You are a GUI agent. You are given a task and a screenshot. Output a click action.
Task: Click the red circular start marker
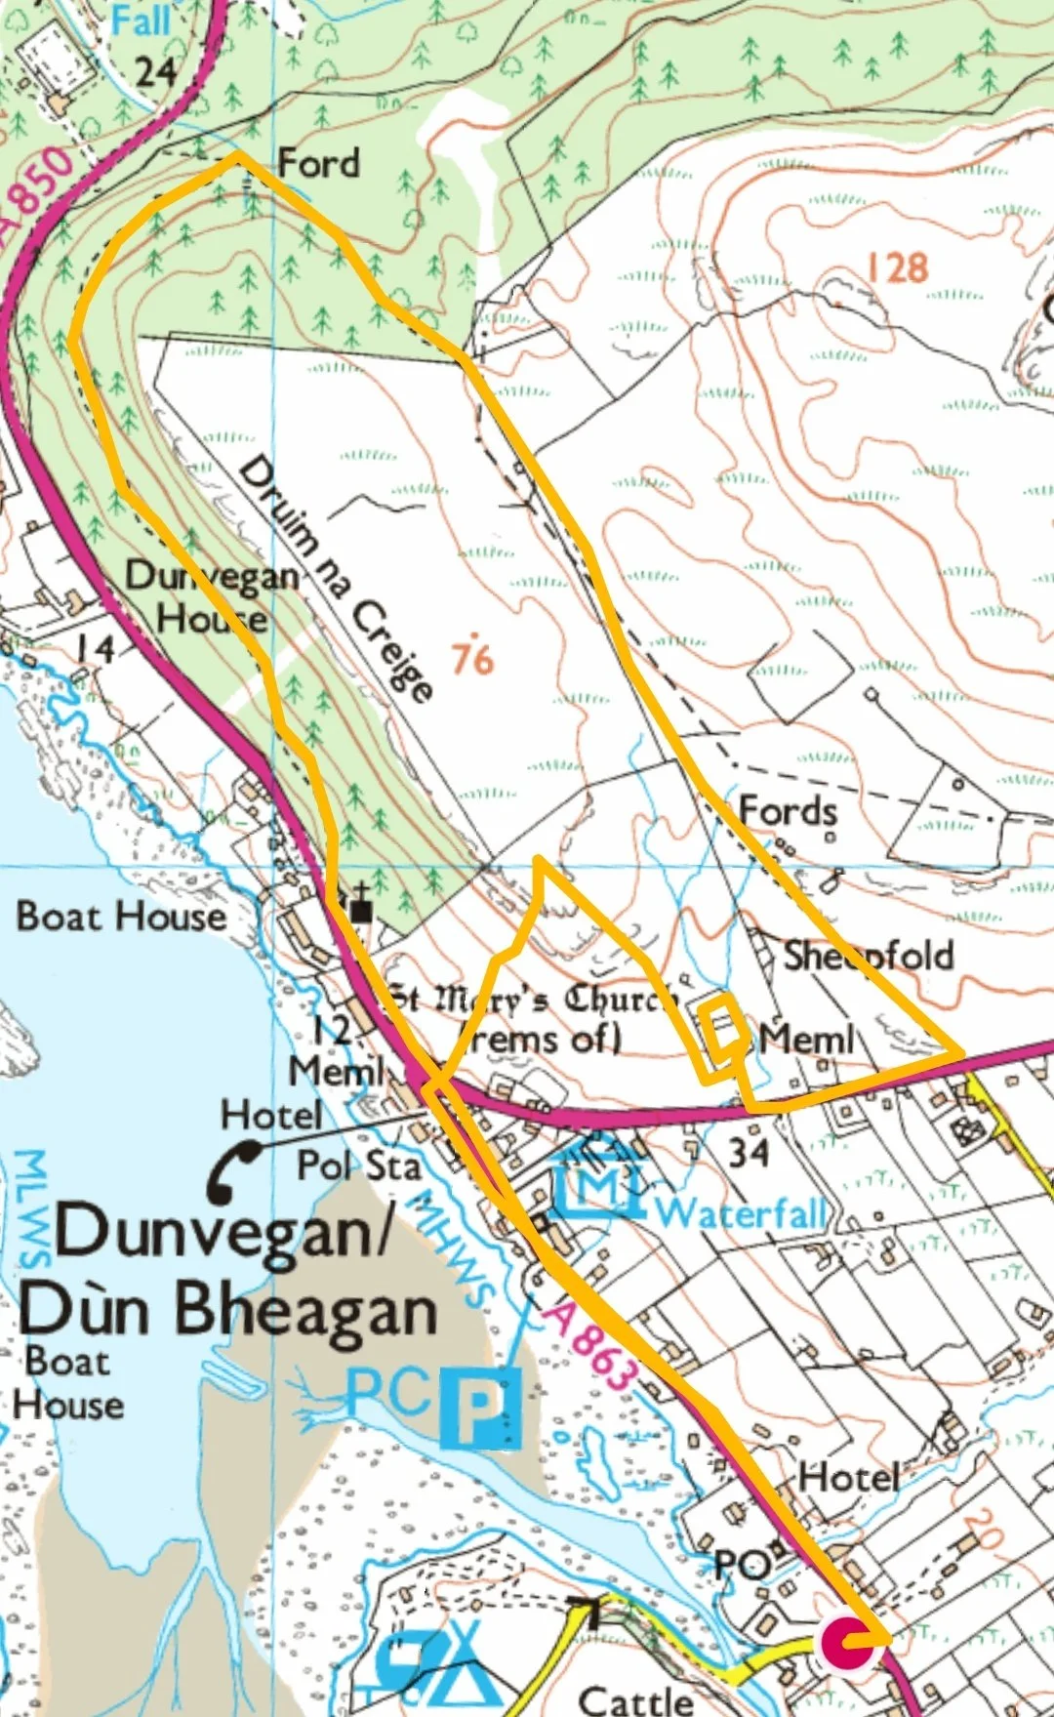click(845, 1643)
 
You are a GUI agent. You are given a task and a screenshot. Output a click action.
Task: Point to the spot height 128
click(897, 267)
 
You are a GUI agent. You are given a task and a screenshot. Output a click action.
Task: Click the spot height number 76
click(472, 657)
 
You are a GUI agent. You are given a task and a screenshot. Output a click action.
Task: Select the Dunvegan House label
click(212, 596)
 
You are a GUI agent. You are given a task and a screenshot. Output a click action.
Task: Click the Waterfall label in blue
click(742, 1213)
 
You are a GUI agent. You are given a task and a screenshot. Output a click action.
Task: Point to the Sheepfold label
click(868, 955)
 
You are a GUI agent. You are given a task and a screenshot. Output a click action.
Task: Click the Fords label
click(788, 810)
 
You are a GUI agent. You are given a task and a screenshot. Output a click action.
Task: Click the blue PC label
click(387, 1394)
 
